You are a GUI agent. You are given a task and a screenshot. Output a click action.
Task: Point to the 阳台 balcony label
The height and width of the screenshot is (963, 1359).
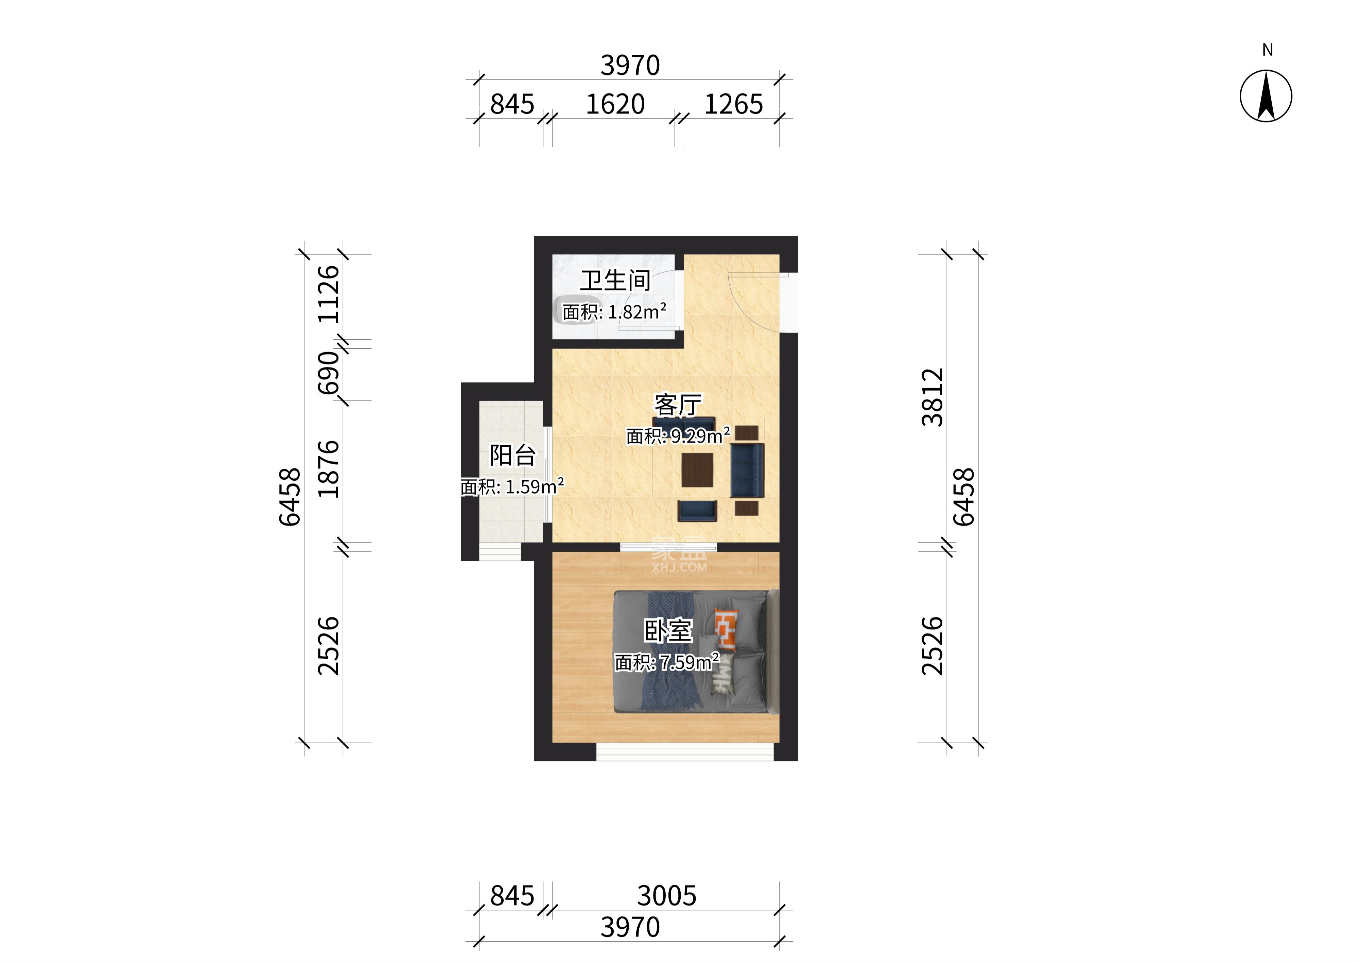pyautogui.click(x=512, y=456)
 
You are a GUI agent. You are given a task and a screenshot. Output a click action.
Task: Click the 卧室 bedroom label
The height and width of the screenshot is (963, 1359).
pyautogui.click(x=668, y=631)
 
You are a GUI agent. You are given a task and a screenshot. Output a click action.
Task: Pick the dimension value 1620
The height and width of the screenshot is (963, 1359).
pyautogui.click(x=615, y=104)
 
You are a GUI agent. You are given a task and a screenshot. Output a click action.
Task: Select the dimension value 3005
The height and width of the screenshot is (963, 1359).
pyautogui.click(x=667, y=896)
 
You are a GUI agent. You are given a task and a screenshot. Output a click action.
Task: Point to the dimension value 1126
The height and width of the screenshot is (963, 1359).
pyautogui.click(x=329, y=294)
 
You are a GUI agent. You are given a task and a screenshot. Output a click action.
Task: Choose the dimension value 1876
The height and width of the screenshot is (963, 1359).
pyautogui.click(x=329, y=469)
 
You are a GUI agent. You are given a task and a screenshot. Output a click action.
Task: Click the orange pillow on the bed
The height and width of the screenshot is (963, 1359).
pyautogui.click(x=726, y=628)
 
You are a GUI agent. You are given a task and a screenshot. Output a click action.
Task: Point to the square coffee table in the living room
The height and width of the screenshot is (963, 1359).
pyautogui.click(x=697, y=470)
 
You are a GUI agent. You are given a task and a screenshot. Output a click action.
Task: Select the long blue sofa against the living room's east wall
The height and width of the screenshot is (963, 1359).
pyautogui.click(x=747, y=470)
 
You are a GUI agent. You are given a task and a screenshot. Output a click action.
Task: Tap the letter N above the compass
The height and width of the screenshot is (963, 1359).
pyautogui.click(x=1267, y=50)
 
